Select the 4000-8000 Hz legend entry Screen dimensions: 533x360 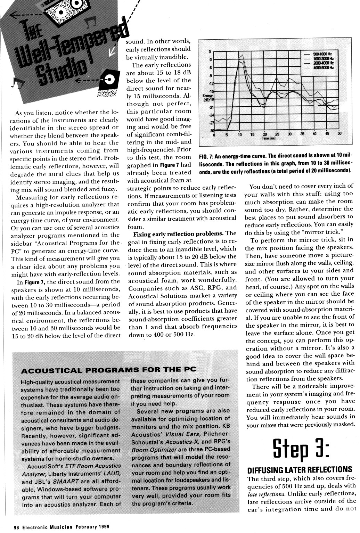pos(323,67)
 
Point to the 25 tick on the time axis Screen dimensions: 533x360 pos(277,134)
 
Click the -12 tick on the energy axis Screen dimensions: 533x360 pos(210,83)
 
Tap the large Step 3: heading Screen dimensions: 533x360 pos(301,450)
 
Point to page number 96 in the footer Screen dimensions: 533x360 pos(16,527)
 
